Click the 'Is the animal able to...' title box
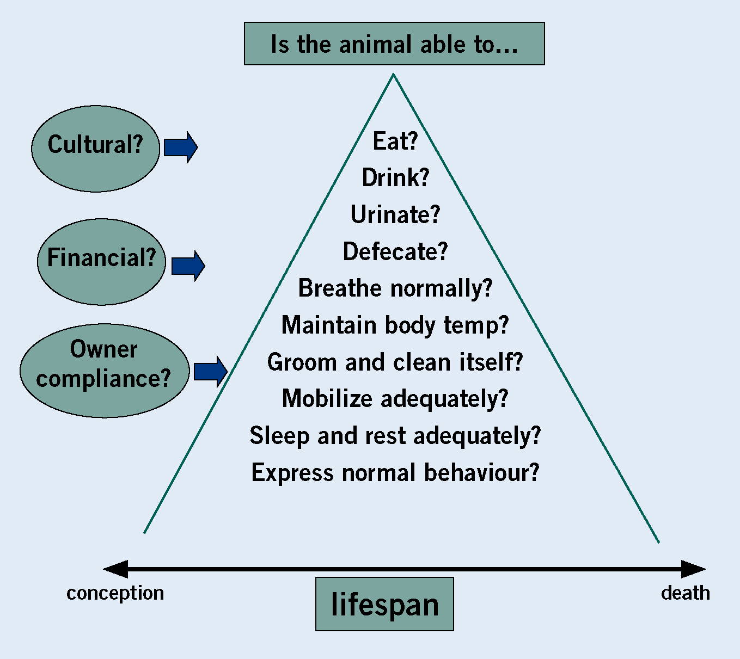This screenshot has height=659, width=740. (x=394, y=44)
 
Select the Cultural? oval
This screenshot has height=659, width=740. (x=95, y=149)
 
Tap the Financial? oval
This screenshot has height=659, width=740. (x=101, y=262)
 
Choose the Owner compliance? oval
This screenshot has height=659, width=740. (x=105, y=371)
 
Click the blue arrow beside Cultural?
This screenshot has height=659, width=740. (x=181, y=147)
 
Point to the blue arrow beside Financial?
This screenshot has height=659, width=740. (x=188, y=266)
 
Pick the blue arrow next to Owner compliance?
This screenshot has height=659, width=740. (x=211, y=372)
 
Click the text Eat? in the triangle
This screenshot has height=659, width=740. (x=395, y=141)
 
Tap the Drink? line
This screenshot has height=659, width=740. (x=395, y=177)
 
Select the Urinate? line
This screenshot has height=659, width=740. (x=395, y=214)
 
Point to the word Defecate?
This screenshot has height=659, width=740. (x=395, y=251)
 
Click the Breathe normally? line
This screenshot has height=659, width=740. (x=395, y=288)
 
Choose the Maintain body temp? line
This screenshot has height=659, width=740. (x=395, y=325)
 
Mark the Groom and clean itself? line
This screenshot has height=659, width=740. (x=395, y=362)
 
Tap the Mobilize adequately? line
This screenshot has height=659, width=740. (x=395, y=399)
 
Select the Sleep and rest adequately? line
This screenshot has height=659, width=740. (x=395, y=436)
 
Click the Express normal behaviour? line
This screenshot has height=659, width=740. (x=395, y=472)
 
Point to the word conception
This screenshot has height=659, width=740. (x=115, y=593)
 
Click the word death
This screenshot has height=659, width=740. (x=686, y=593)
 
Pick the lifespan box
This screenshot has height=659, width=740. (x=384, y=604)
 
